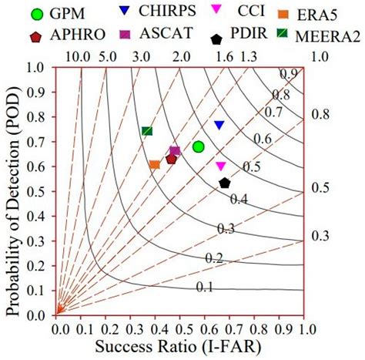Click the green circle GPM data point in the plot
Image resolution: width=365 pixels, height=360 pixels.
tap(198, 146)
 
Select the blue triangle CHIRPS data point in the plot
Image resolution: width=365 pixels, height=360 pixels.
tap(219, 125)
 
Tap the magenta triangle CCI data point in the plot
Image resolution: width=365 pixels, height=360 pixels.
tap(221, 166)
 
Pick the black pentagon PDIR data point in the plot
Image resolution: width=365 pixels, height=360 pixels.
tap(225, 183)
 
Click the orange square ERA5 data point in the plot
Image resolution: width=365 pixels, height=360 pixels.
tap(154, 164)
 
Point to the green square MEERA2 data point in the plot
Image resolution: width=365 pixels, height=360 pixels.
tap(147, 131)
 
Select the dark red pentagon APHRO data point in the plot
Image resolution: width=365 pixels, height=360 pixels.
tap(171, 158)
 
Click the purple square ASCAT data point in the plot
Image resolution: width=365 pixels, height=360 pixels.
tap(175, 151)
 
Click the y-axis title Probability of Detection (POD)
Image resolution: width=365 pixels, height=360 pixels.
tap(15, 192)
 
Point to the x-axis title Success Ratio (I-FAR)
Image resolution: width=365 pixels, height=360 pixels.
tap(182, 349)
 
